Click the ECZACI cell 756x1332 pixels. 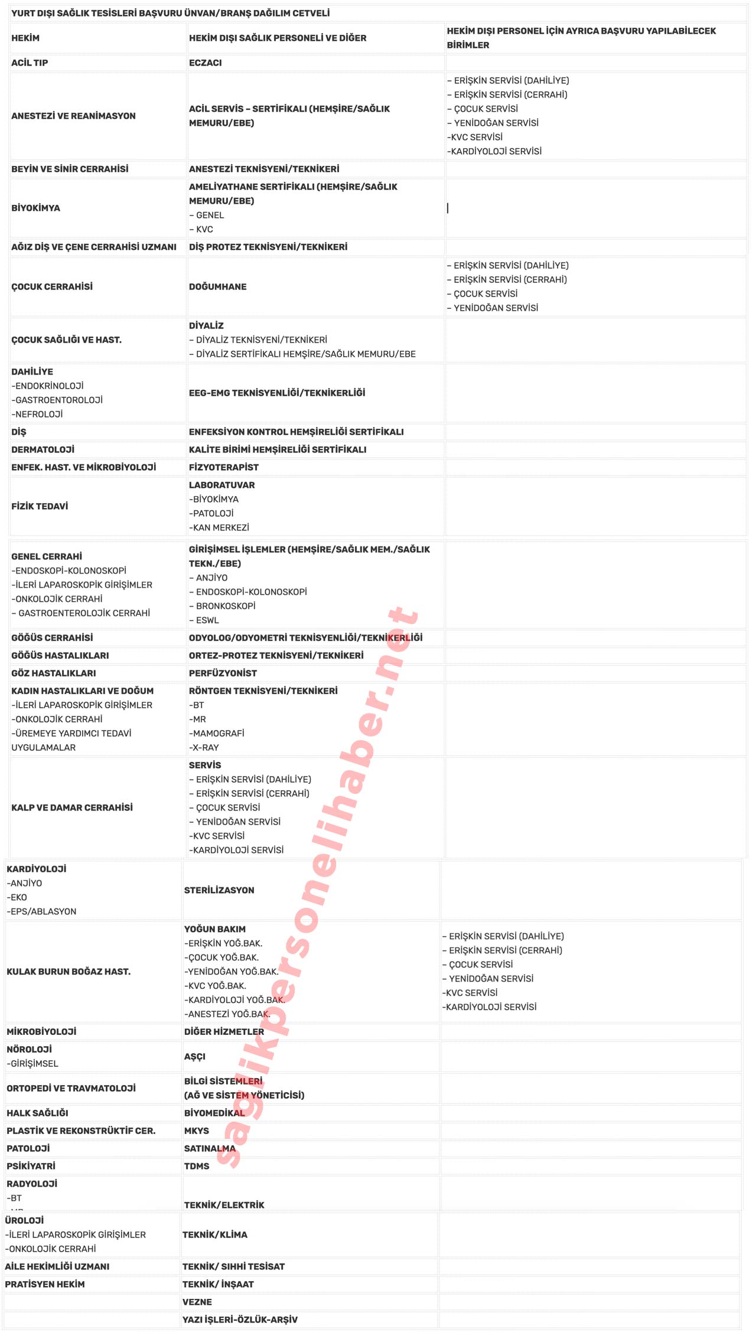[x=206, y=63]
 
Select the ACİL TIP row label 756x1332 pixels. [x=30, y=63]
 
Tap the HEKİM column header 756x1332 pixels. [x=25, y=38]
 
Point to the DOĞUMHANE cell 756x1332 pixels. [x=218, y=286]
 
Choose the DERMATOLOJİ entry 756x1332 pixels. [x=43, y=450]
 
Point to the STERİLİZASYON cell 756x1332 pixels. [x=219, y=890]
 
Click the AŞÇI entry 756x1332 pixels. [x=195, y=1056]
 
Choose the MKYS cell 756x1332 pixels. [x=197, y=1131]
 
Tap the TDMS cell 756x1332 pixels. [x=197, y=1166]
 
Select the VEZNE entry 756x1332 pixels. [x=197, y=1302]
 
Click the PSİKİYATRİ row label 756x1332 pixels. [x=31, y=1166]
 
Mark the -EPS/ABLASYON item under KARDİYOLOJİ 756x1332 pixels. [x=41, y=911]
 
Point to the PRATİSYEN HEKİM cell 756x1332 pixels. [x=45, y=1284]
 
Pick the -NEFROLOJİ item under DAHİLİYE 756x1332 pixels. [x=37, y=414]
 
